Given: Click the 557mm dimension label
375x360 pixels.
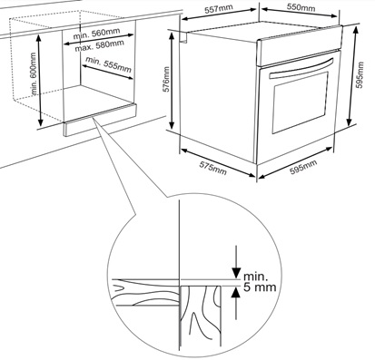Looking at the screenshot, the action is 219,9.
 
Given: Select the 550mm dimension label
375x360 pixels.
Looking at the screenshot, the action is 301,7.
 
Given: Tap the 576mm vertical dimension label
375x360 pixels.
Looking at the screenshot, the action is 166,82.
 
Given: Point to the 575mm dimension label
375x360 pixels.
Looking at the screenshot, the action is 212,168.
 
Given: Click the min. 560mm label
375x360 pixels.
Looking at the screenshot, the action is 96,34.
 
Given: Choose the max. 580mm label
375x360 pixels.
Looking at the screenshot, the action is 100,46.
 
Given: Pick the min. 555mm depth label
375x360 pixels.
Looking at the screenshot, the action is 108,64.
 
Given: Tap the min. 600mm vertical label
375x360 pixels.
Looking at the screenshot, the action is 34,73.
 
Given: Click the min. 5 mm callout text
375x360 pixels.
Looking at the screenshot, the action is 260,282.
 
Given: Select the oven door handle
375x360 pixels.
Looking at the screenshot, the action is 301,68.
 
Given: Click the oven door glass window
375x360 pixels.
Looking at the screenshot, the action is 301,103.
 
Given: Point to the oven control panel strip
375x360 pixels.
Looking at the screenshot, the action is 300,46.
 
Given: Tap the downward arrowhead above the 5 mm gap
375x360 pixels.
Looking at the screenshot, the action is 236,272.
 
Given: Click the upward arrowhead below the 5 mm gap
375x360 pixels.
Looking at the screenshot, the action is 236,293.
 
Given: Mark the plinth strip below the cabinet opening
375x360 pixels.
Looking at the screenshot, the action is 100,120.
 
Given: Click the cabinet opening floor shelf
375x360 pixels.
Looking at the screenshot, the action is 98,102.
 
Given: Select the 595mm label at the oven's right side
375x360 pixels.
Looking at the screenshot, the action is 360,75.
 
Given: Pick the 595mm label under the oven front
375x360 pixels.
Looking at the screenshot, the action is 303,167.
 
